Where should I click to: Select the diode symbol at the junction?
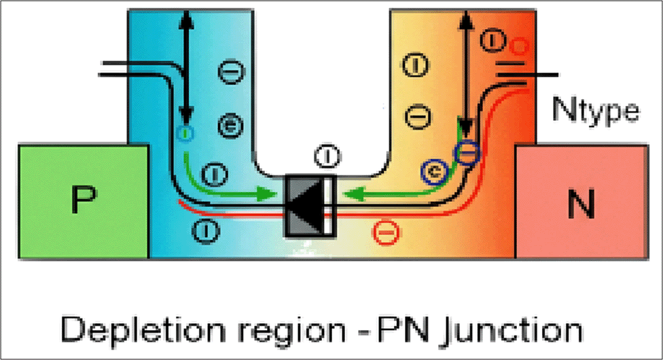coord(310,206)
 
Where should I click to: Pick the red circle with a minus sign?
coord(384,234)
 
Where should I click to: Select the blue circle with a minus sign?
coord(467,154)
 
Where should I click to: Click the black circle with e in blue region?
coord(228,125)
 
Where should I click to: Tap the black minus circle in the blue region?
coord(227,69)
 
